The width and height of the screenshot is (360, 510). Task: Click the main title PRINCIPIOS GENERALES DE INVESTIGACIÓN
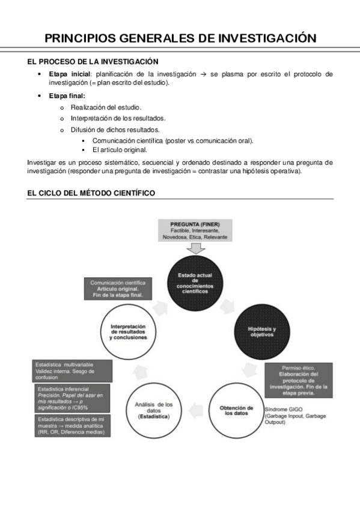point(180,38)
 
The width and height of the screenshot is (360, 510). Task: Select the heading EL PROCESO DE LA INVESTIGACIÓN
point(93,61)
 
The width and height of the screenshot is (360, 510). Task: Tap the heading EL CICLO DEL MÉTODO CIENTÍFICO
point(91,193)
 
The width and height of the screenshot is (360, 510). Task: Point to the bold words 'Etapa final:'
point(67,96)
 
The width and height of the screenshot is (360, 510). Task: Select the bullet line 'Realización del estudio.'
point(105,107)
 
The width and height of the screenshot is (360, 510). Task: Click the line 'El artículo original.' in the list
point(120,149)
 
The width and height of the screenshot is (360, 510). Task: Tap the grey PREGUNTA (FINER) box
point(191,231)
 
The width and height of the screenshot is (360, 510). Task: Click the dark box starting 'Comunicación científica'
point(117,289)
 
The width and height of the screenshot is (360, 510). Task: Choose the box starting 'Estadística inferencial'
point(72,398)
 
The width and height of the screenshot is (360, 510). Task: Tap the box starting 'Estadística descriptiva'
point(72,425)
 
